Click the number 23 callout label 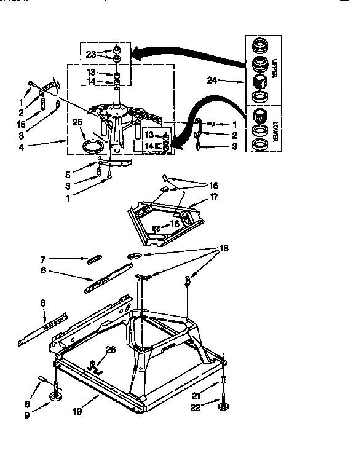[91, 54]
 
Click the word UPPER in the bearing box [277, 66]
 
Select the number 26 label [111, 350]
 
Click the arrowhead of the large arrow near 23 [132, 55]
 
